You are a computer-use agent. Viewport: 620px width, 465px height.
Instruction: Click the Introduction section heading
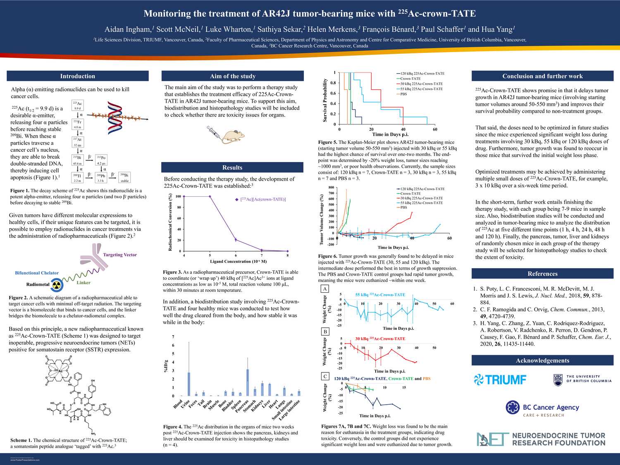(78, 76)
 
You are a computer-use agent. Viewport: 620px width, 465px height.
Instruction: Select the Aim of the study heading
(232, 76)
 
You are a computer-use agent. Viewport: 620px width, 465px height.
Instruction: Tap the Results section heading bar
(232, 167)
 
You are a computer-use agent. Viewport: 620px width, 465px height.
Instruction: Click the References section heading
(542, 274)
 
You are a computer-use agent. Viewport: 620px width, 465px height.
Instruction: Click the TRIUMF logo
(500, 379)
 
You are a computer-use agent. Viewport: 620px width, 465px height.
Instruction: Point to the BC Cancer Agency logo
(542, 408)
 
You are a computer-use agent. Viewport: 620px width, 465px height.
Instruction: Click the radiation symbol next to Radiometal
(57, 284)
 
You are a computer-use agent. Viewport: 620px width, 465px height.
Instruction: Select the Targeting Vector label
(119, 255)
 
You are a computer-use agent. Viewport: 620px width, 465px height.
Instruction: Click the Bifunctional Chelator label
(37, 273)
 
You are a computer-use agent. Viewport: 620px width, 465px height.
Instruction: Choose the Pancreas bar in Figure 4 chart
(248, 382)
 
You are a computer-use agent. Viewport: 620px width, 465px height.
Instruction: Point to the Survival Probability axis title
(325, 100)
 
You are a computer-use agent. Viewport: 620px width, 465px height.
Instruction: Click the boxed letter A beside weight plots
(325, 289)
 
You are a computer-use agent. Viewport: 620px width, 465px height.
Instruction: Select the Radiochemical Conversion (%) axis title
(170, 222)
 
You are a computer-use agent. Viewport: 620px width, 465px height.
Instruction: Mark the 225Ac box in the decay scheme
(77, 105)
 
